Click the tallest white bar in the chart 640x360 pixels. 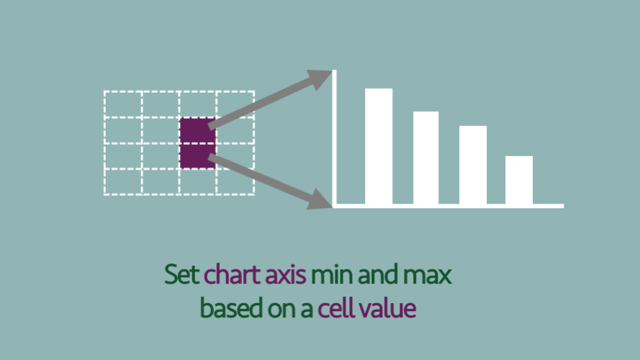tap(379, 146)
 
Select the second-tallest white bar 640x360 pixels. tap(425, 158)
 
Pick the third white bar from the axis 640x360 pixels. tap(473, 165)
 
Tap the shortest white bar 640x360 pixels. tap(519, 180)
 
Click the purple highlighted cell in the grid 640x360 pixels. tap(197, 143)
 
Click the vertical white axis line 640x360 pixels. tap(334, 139)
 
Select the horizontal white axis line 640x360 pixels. tap(449, 206)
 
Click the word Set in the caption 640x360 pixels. tap(182, 274)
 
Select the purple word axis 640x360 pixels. tap(285, 274)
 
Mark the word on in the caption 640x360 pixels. tap(281, 310)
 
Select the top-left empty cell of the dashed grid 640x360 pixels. tap(123, 104)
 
